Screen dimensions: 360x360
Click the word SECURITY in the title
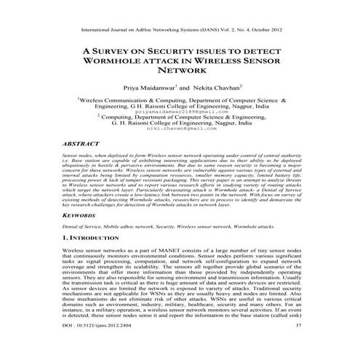tap(173, 52)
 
